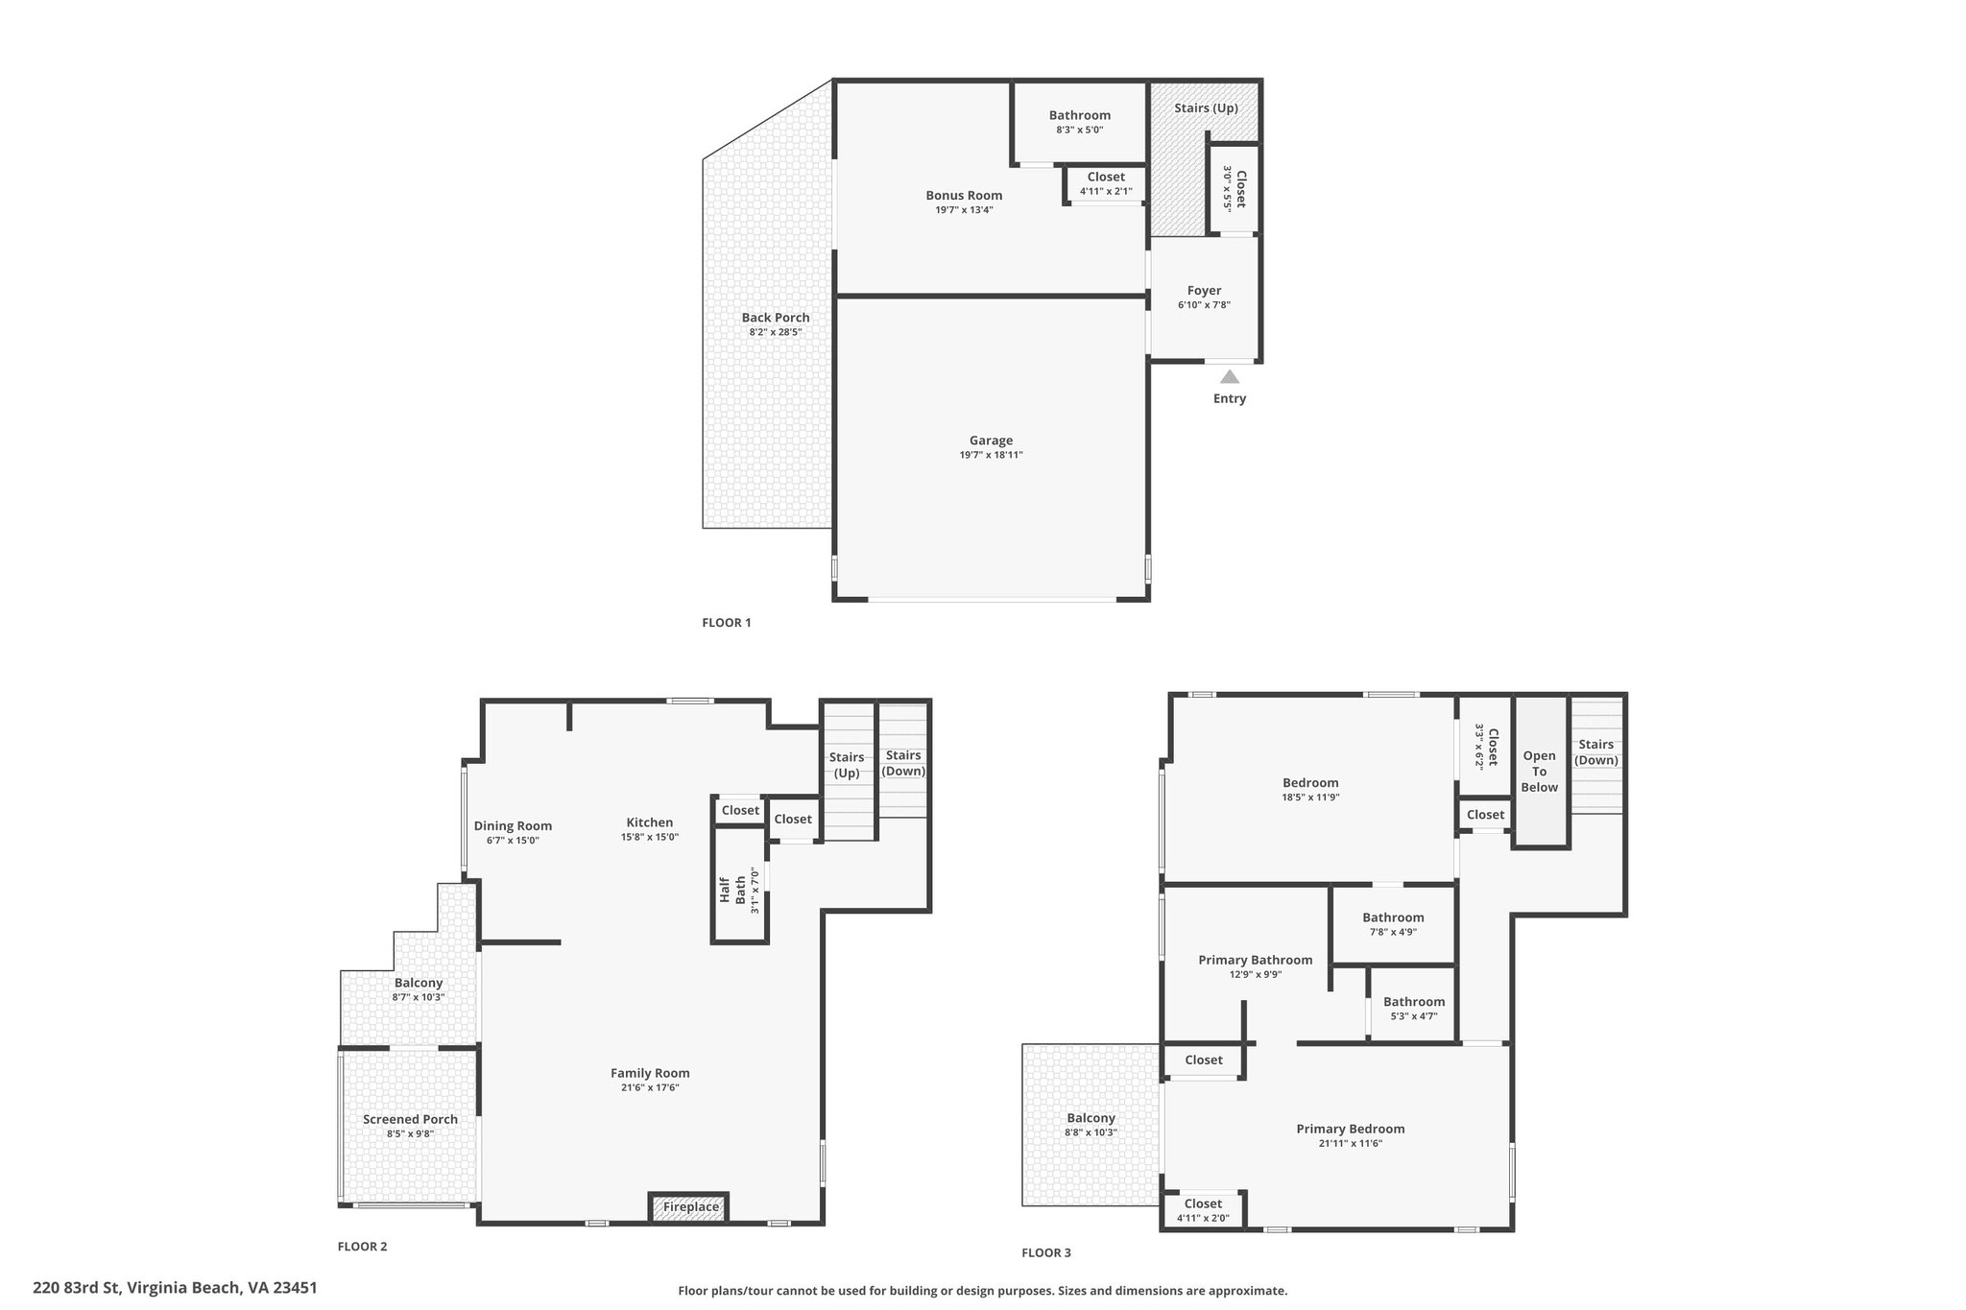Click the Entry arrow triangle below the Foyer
click(x=1229, y=377)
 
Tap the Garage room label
click(x=991, y=441)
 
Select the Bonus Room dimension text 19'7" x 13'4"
click(x=964, y=209)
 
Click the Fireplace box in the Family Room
click(x=690, y=1206)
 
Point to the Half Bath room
click(x=740, y=884)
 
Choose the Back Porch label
click(x=776, y=318)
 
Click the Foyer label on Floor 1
click(x=1204, y=290)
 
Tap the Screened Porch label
click(x=410, y=1119)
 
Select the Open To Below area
click(x=1540, y=772)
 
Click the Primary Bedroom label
click(x=1351, y=1129)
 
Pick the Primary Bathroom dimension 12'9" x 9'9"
click(x=1255, y=974)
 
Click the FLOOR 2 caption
click(x=362, y=1247)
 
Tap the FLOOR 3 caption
click(x=1046, y=1252)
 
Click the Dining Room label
click(x=513, y=825)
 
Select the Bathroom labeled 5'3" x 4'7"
click(x=1413, y=1008)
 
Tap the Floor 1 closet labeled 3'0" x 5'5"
click(x=1233, y=189)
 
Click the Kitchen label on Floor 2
click(x=650, y=822)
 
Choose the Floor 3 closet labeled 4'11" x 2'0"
click(x=1203, y=1209)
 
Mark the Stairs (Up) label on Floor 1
click(x=1206, y=107)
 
